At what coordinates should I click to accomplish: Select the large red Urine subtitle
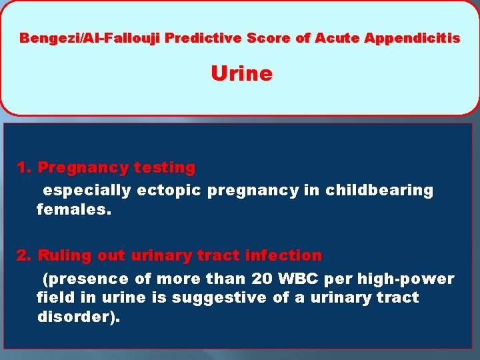pos(241,73)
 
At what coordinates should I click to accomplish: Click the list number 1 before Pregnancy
pos(24,167)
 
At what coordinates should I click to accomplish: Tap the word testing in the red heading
pos(165,167)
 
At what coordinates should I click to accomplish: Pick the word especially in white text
pos(87,191)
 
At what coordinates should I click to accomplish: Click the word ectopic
pos(169,191)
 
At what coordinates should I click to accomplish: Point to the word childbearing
pos(379,191)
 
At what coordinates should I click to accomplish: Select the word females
pos(74,211)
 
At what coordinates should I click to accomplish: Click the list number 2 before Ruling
pos(24,255)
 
